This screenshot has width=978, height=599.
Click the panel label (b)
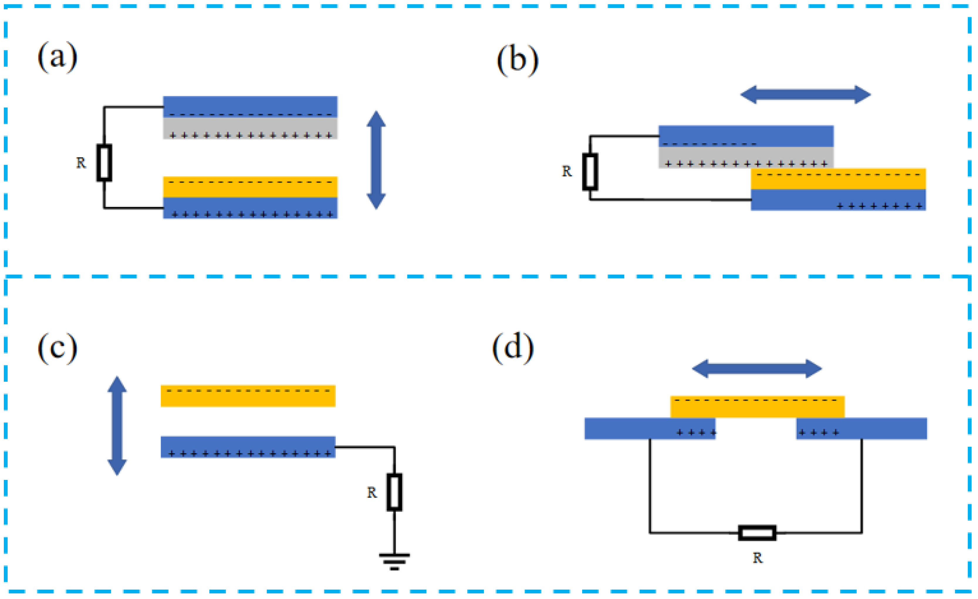pos(518,60)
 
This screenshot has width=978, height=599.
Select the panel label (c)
pos(57,348)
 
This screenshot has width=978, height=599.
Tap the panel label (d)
pos(513,348)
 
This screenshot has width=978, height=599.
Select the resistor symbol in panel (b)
pos(590,172)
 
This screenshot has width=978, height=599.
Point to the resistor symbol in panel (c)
pos(394,492)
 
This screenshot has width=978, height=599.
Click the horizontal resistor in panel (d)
pos(757,533)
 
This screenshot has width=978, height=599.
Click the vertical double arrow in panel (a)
pos(376,160)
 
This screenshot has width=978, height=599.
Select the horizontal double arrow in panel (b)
pos(805,95)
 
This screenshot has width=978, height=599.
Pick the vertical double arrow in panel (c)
pos(117,426)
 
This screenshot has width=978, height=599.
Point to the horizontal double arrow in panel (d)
pos(757,369)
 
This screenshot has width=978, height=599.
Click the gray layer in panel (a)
pos(250,128)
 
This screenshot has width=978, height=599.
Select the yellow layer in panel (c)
pos(248,396)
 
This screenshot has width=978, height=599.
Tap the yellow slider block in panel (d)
pos(757,407)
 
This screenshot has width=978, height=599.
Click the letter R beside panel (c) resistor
pos(371,493)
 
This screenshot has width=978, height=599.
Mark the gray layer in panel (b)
pos(746,157)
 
